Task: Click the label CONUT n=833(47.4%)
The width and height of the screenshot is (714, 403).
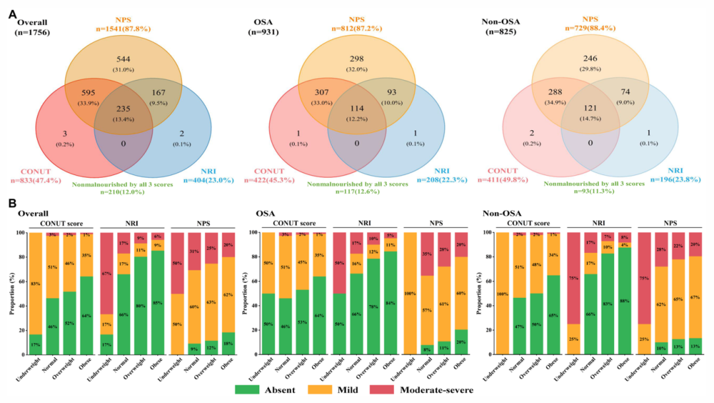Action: pyautogui.click(x=40, y=175)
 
